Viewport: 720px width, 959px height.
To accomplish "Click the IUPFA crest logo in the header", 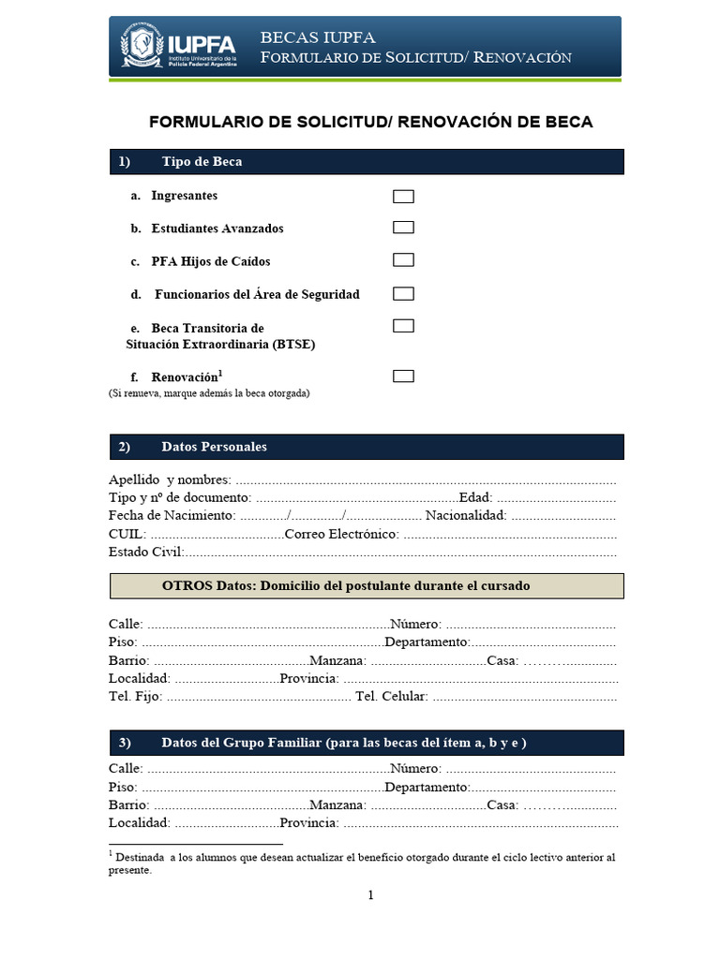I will (138, 47).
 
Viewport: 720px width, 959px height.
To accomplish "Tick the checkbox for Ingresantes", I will (403, 197).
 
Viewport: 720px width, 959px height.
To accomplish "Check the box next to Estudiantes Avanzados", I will (403, 228).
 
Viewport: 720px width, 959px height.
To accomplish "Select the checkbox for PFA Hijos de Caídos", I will (403, 260).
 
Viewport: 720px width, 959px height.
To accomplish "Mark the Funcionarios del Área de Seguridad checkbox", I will (403, 294).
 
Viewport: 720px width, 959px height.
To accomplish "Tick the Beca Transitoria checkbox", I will (403, 326).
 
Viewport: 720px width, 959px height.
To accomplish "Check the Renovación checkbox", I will (403, 376).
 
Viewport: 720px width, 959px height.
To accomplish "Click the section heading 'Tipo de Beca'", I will (202, 162).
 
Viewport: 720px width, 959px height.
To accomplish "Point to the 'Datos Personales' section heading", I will (214, 447).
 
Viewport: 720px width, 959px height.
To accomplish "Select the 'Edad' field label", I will (473, 497).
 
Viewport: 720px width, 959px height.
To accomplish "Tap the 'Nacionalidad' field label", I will (466, 515).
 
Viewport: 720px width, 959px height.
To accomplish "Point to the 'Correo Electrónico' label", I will (341, 534).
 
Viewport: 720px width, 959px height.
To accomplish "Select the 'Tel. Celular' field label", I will (391, 696).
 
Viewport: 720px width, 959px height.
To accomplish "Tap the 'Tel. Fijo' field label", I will (135, 696).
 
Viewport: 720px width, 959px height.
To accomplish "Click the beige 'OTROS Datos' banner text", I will (346, 585).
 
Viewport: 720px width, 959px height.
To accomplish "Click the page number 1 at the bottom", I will (370, 895).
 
